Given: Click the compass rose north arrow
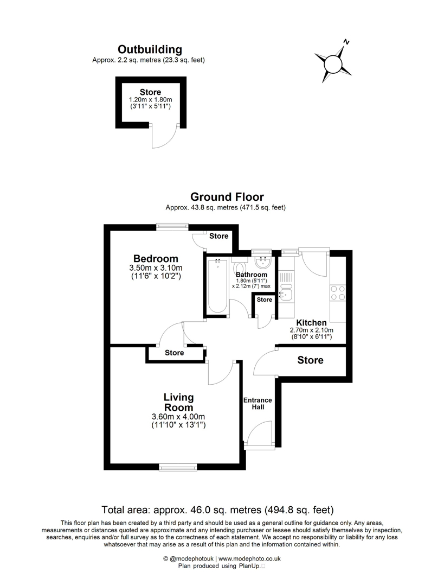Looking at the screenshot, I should pyautogui.click(x=332, y=64).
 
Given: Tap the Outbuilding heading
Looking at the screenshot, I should pyautogui.click(x=150, y=50).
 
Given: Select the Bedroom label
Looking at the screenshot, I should pyautogui.click(x=156, y=258).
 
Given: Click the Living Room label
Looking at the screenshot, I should pyautogui.click(x=178, y=403).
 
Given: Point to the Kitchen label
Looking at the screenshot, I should pyautogui.click(x=311, y=322).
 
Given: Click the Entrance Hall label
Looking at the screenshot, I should pyautogui.click(x=258, y=404).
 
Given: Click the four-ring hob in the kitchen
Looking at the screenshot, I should pyautogui.click(x=338, y=293).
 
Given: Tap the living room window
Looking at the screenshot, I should pyautogui.click(x=178, y=466).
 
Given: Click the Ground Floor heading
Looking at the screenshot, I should pyautogui.click(x=227, y=196).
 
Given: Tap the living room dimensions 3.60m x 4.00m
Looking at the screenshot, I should pyautogui.click(x=178, y=417).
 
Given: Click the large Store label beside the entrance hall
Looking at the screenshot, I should pyautogui.click(x=310, y=360).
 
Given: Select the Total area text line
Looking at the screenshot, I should pyautogui.click(x=218, y=509).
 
